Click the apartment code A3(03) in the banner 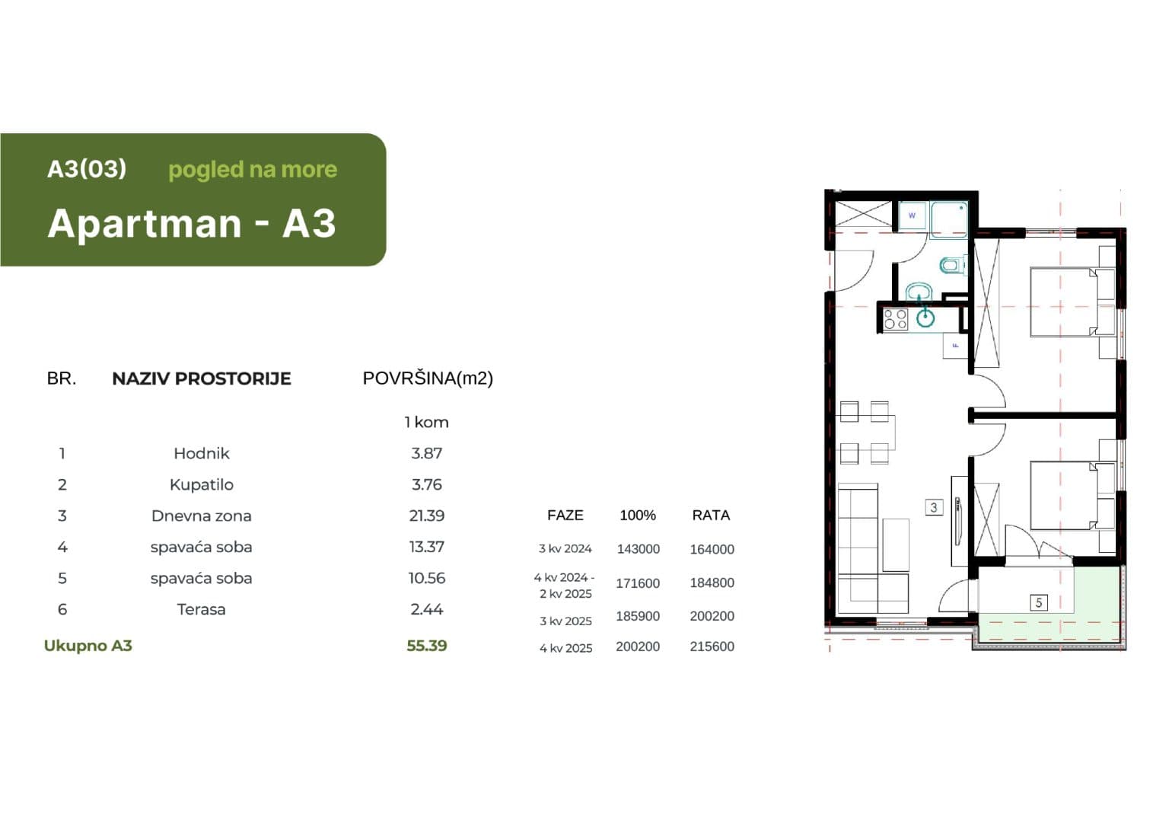pos(87,168)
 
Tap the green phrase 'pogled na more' pos(253,170)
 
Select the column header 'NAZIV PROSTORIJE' pos(202,378)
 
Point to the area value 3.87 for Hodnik pos(426,453)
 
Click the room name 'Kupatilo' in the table pos(202,484)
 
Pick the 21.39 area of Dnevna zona pos(426,516)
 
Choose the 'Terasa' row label pos(201,609)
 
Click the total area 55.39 pos(426,646)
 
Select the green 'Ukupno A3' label pos(88,646)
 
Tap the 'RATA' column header pos(711,516)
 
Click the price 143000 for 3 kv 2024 pos(639,549)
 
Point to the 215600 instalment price pos(712,647)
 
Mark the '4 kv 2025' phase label pos(565,648)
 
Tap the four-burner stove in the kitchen pos(895,319)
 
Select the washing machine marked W pos(913,215)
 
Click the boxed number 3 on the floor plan pos(934,507)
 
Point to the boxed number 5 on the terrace pos(1039,603)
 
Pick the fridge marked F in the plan pos(955,345)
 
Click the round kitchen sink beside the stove pos(925,318)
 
